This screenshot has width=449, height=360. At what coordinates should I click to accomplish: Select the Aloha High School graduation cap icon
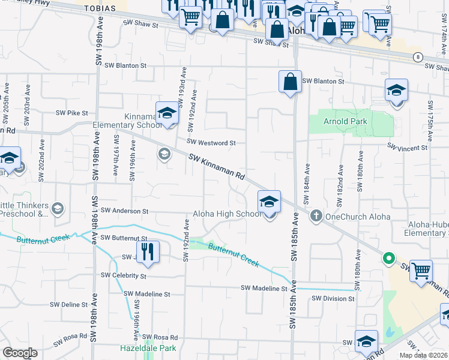(270, 201)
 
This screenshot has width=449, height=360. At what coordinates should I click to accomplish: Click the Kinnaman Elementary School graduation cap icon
(167, 112)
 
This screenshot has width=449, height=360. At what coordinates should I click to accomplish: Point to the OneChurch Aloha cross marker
(317, 216)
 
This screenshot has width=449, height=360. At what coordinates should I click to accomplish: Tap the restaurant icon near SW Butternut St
(146, 251)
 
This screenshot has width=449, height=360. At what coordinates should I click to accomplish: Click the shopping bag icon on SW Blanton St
(290, 81)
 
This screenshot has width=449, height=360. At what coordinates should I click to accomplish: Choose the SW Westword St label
(211, 143)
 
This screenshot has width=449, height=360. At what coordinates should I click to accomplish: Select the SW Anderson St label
(124, 211)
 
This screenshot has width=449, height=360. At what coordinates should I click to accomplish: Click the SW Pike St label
(71, 112)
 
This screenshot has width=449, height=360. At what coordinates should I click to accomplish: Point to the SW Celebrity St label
(124, 275)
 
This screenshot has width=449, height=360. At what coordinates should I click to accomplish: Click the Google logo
(20, 353)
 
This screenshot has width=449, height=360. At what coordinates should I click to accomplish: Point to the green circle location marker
(388, 259)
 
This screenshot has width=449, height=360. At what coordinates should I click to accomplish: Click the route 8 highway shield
(417, 57)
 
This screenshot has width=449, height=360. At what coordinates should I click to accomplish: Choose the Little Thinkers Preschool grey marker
(58, 209)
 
